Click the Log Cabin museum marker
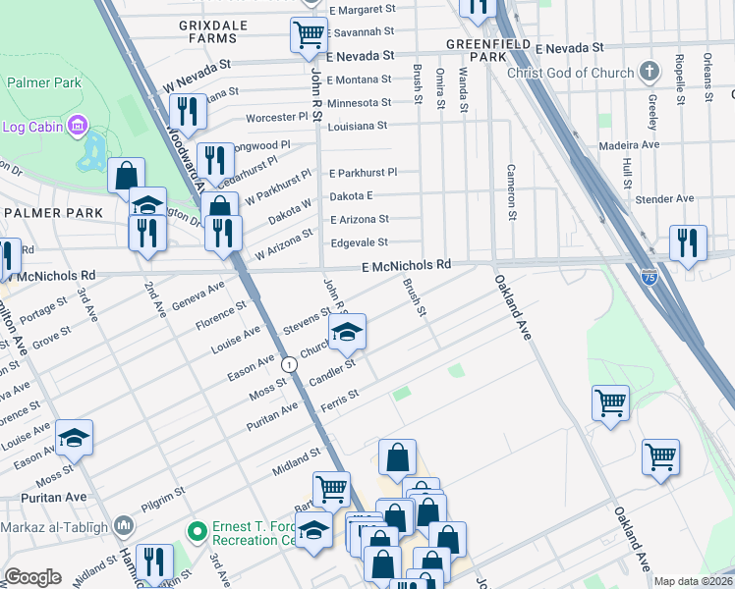pos(78,126)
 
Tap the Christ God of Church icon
pos(648,72)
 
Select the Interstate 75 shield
pos(649,278)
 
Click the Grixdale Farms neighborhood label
pos(207,30)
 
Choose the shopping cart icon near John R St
pos(309,35)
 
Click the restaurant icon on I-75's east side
pos(688,242)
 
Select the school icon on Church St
pos(348,334)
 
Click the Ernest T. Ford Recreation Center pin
pos(198,532)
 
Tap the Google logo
pos(32,577)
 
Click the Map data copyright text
pos(693,581)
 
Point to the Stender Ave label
pos(664,198)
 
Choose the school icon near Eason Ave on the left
pos(74,438)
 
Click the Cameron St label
pos(511,191)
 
